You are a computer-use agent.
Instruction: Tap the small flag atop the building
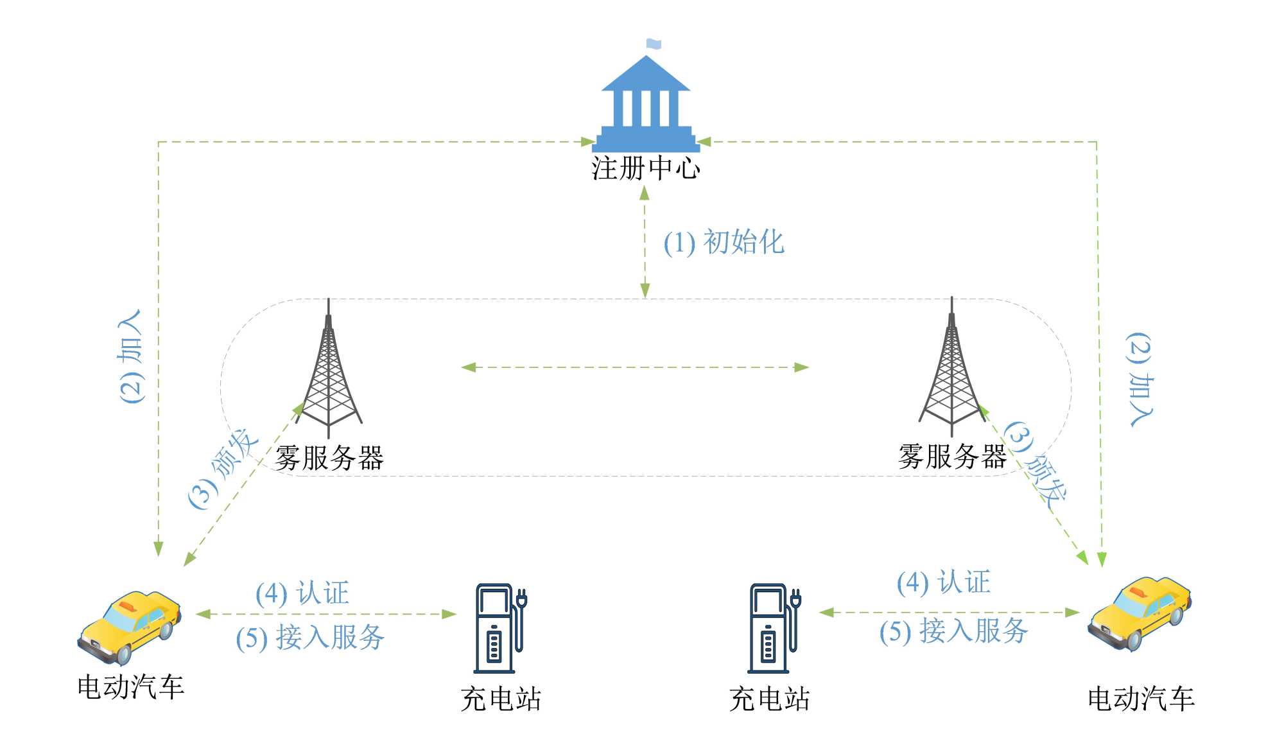tap(654, 44)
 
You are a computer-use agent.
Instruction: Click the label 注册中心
tap(646, 168)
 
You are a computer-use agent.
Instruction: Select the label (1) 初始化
tap(724, 243)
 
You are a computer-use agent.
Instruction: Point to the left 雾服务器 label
tap(329, 459)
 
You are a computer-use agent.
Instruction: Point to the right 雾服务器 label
tap(952, 457)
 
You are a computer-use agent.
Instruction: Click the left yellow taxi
tap(129, 627)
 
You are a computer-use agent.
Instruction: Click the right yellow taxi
tap(1140, 614)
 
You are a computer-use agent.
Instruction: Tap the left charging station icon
tap(500, 627)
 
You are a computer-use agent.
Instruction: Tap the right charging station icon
tap(774, 627)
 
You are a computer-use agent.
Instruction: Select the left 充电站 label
tap(501, 699)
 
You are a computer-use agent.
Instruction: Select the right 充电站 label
tap(769, 699)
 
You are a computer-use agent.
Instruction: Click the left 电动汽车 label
tap(131, 687)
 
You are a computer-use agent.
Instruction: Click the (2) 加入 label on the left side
tap(132, 356)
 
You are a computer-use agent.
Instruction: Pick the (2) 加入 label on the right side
tap(1140, 379)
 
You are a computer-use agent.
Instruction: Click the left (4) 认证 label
tap(302, 593)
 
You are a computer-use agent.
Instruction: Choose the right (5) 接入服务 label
tap(953, 631)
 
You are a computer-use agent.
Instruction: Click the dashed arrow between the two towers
tap(634, 367)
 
